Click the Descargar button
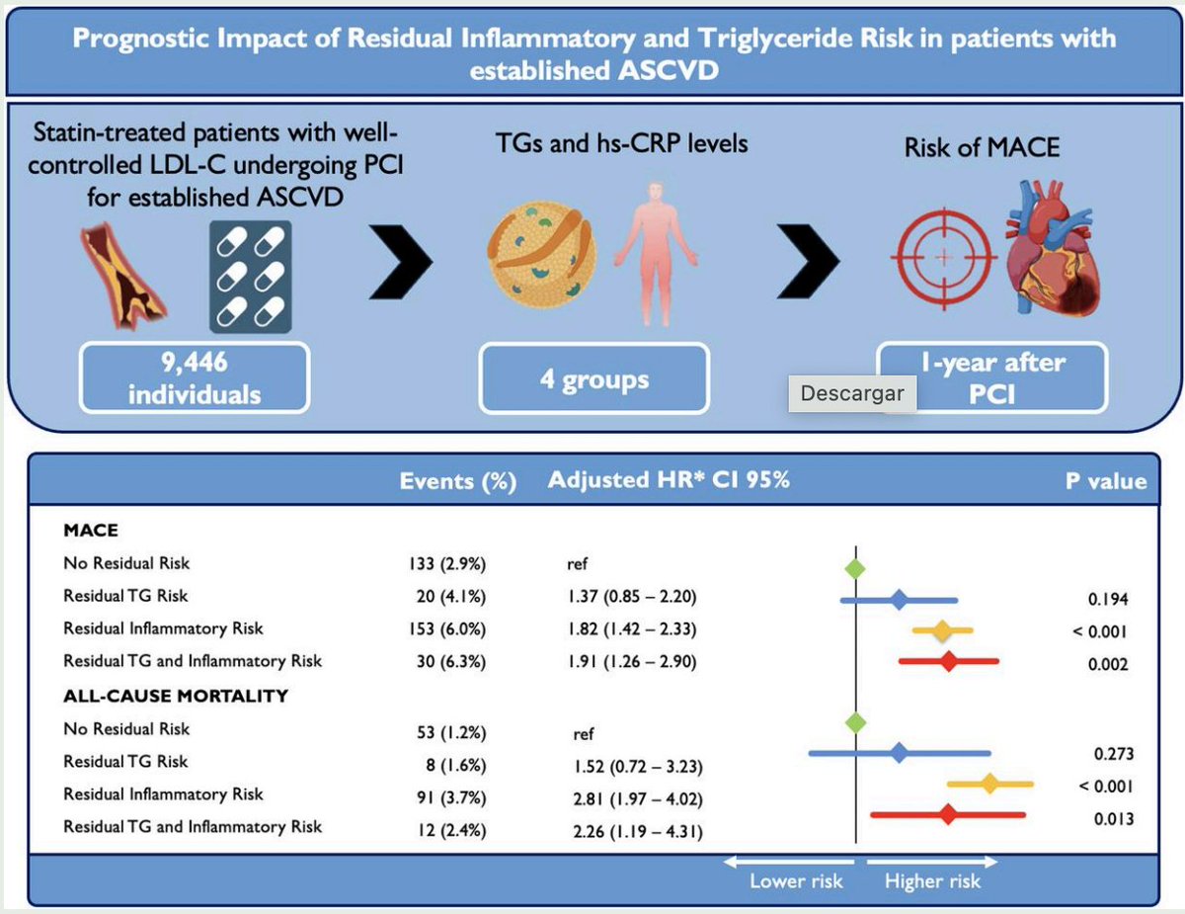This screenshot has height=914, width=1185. (x=852, y=392)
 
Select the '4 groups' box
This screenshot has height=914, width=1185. (x=593, y=378)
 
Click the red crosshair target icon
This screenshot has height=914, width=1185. (x=944, y=256)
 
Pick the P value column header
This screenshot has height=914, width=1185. (x=1105, y=482)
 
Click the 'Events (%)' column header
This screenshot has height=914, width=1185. (x=458, y=482)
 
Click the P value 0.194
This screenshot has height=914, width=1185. (x=1107, y=600)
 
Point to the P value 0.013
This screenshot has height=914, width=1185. (x=1107, y=818)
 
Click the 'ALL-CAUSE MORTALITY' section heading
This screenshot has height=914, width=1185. (x=176, y=696)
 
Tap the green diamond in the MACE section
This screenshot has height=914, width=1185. (x=855, y=567)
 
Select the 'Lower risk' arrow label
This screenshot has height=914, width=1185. (x=795, y=879)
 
